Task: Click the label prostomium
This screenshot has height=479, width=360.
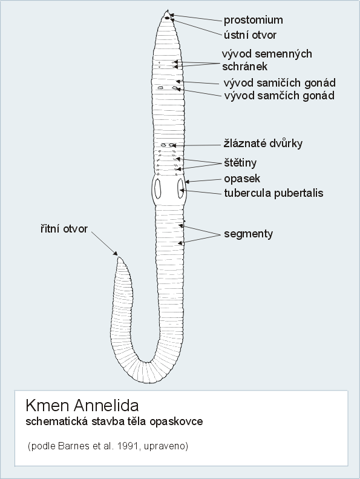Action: [253, 20]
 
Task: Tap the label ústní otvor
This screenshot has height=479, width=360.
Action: [250, 35]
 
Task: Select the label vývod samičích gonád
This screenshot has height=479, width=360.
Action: [280, 83]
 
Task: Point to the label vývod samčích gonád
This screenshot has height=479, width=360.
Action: [279, 96]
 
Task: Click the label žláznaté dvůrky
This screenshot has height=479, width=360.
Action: [263, 144]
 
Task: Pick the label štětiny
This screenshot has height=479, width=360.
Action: [240, 162]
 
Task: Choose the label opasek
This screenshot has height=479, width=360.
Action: [242, 179]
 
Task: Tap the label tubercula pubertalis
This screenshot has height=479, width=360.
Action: [273, 193]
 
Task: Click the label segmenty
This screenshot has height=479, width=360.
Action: [248, 234]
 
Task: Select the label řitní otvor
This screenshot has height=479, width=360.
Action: [64, 228]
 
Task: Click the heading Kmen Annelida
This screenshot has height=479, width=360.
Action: [82, 405]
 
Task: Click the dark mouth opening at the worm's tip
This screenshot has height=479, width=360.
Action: [167, 18]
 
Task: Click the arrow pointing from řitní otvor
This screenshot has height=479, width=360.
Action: [104, 243]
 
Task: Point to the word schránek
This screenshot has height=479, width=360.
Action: [244, 67]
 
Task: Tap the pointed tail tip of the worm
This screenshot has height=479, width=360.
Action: [119, 257]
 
